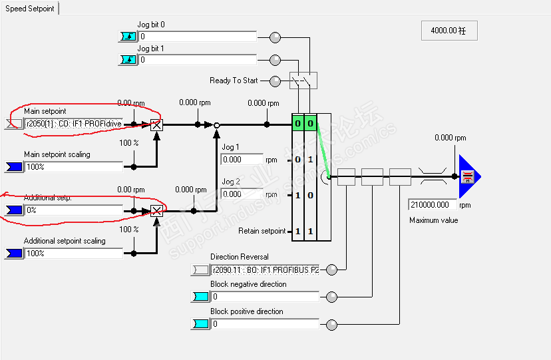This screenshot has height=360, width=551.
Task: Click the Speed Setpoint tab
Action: coord(30,9)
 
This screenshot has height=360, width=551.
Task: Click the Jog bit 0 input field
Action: coord(197,37)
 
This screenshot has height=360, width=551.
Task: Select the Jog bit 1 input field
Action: coord(197,60)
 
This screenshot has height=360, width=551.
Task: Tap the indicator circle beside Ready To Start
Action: coord(275,81)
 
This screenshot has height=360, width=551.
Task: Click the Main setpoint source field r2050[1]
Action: coord(73,124)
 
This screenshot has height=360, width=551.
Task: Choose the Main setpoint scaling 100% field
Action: coord(73,166)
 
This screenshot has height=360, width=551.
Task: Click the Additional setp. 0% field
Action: coord(73,210)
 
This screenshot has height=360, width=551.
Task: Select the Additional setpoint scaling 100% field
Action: coord(73,253)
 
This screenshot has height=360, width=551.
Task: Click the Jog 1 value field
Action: coord(242,160)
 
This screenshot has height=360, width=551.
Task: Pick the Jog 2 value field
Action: coord(242,194)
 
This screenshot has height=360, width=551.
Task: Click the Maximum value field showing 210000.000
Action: coord(433,205)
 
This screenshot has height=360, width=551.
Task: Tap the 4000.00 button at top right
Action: coord(449,31)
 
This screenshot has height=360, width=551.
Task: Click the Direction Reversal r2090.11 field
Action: coord(265,270)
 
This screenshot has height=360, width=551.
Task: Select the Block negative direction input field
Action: coord(265,297)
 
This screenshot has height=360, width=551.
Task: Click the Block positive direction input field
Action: coord(265,324)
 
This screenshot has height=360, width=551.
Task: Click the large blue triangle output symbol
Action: coord(468,176)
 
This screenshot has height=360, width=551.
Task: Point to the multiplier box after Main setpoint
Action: coord(156,124)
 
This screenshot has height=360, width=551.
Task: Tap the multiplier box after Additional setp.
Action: coord(156,211)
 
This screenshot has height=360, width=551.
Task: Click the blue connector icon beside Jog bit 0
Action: coord(127,37)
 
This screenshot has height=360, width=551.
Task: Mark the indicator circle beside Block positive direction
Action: coord(331,325)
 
